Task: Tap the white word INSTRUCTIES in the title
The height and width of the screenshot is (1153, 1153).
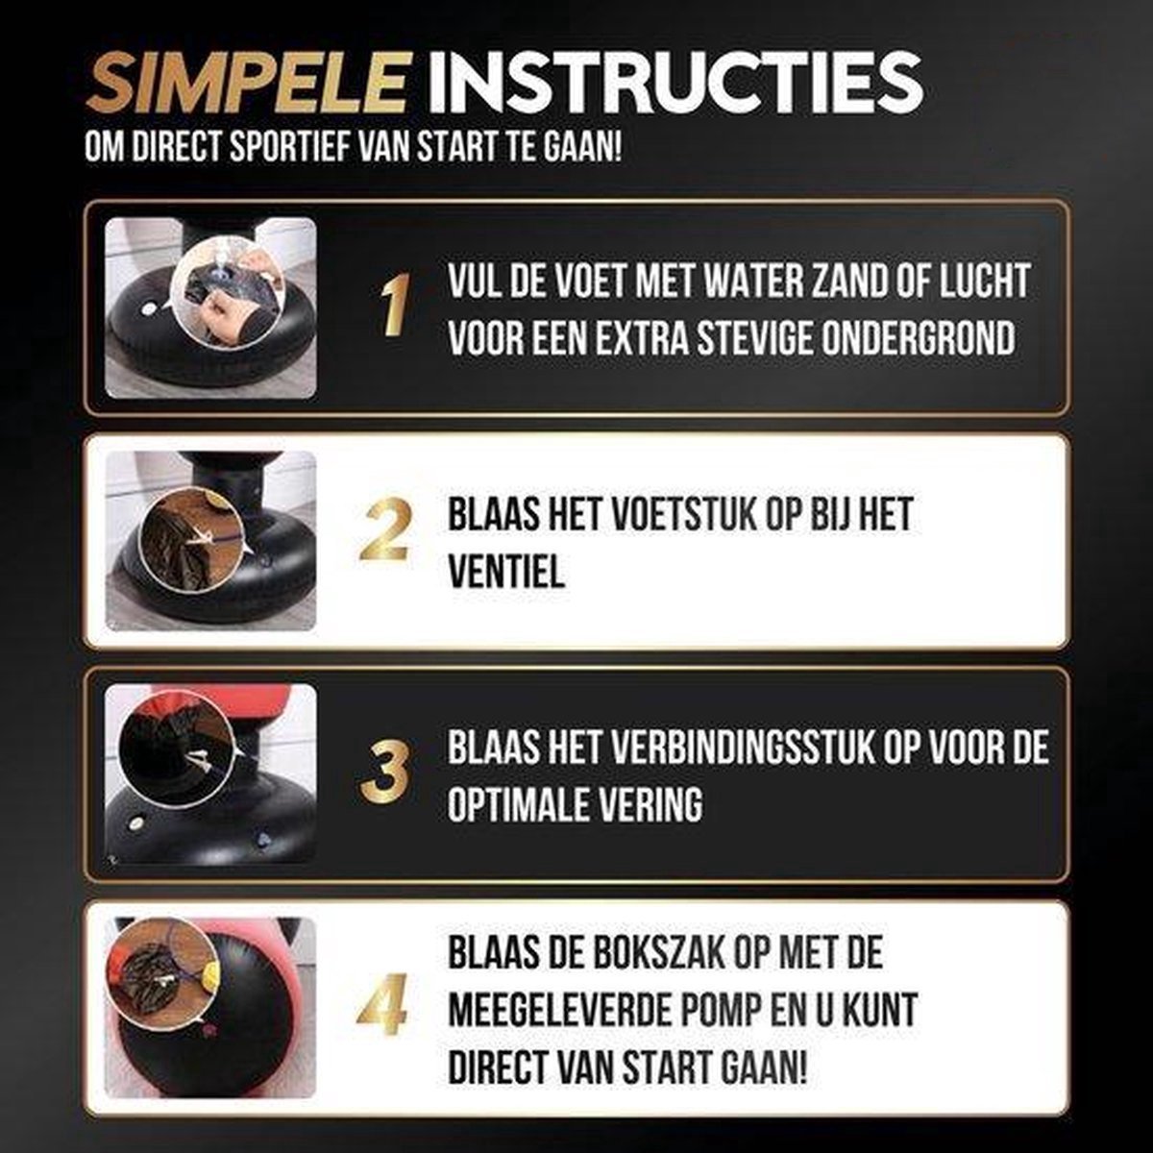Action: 675,84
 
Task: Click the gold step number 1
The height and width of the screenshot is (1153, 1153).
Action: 396,305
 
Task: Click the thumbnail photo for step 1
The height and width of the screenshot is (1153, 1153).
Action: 210,308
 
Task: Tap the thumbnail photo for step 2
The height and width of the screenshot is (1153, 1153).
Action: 210,541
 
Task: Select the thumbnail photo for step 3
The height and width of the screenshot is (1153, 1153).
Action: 210,773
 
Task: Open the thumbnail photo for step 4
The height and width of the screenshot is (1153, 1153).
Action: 210,1008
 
